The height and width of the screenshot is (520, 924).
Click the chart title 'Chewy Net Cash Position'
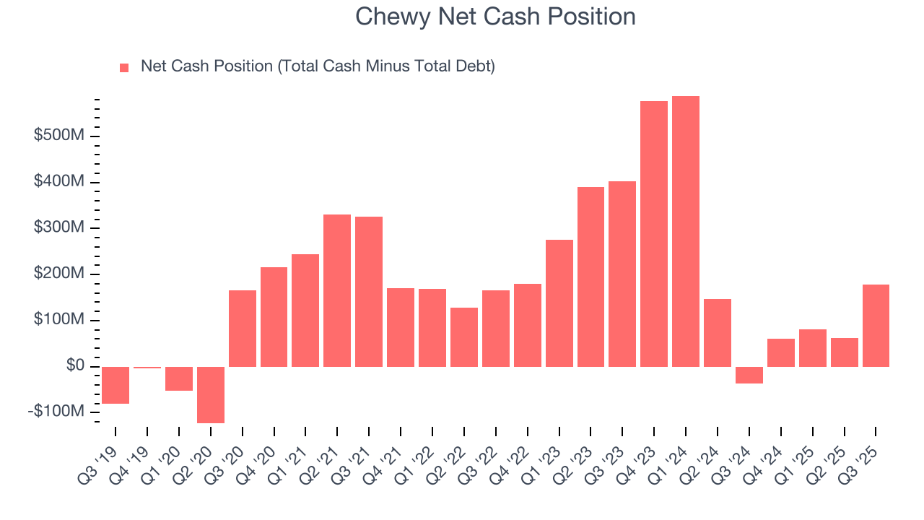click(495, 17)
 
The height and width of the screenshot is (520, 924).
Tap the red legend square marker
click(124, 67)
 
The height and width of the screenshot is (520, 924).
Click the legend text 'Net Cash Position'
click(318, 66)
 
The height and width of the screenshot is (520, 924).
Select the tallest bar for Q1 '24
click(685, 231)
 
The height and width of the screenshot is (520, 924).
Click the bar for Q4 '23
click(653, 234)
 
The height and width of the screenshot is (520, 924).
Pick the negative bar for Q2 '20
click(211, 394)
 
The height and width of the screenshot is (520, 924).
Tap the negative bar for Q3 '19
click(115, 385)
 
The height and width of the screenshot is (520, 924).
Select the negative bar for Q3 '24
click(749, 375)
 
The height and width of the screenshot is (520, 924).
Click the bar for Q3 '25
click(876, 326)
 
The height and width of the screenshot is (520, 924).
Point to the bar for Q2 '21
click(337, 290)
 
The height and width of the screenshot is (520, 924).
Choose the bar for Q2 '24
click(717, 333)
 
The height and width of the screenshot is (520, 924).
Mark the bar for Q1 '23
click(559, 303)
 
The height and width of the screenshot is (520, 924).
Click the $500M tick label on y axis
click(60, 136)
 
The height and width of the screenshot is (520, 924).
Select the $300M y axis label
click(60, 228)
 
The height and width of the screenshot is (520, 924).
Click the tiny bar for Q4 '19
click(147, 368)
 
